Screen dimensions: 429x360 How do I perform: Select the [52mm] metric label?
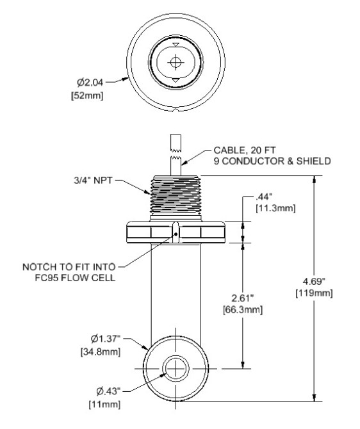(90, 95)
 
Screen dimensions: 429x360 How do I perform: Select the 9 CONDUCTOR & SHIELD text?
(272, 161)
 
